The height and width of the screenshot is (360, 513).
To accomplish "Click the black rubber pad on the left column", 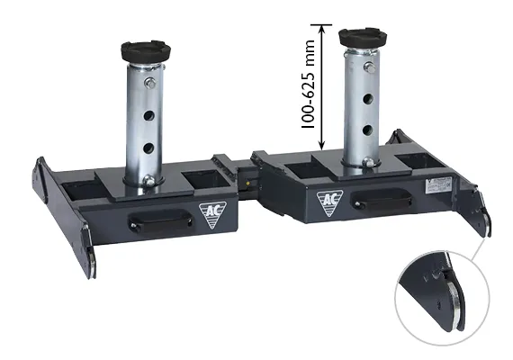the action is click(x=146, y=51).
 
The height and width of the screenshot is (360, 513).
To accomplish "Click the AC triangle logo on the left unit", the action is click(x=212, y=213).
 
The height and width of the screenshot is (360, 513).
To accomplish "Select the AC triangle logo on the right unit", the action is click(x=329, y=202).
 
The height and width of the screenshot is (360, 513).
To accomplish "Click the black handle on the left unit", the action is click(x=160, y=220).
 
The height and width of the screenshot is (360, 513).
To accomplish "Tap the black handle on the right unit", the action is click(x=381, y=199).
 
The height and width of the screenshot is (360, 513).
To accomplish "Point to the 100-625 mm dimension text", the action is click(x=308, y=84).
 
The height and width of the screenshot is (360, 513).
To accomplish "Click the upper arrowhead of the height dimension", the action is click(x=322, y=30).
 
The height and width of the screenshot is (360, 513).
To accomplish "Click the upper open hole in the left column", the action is click(x=148, y=115).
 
